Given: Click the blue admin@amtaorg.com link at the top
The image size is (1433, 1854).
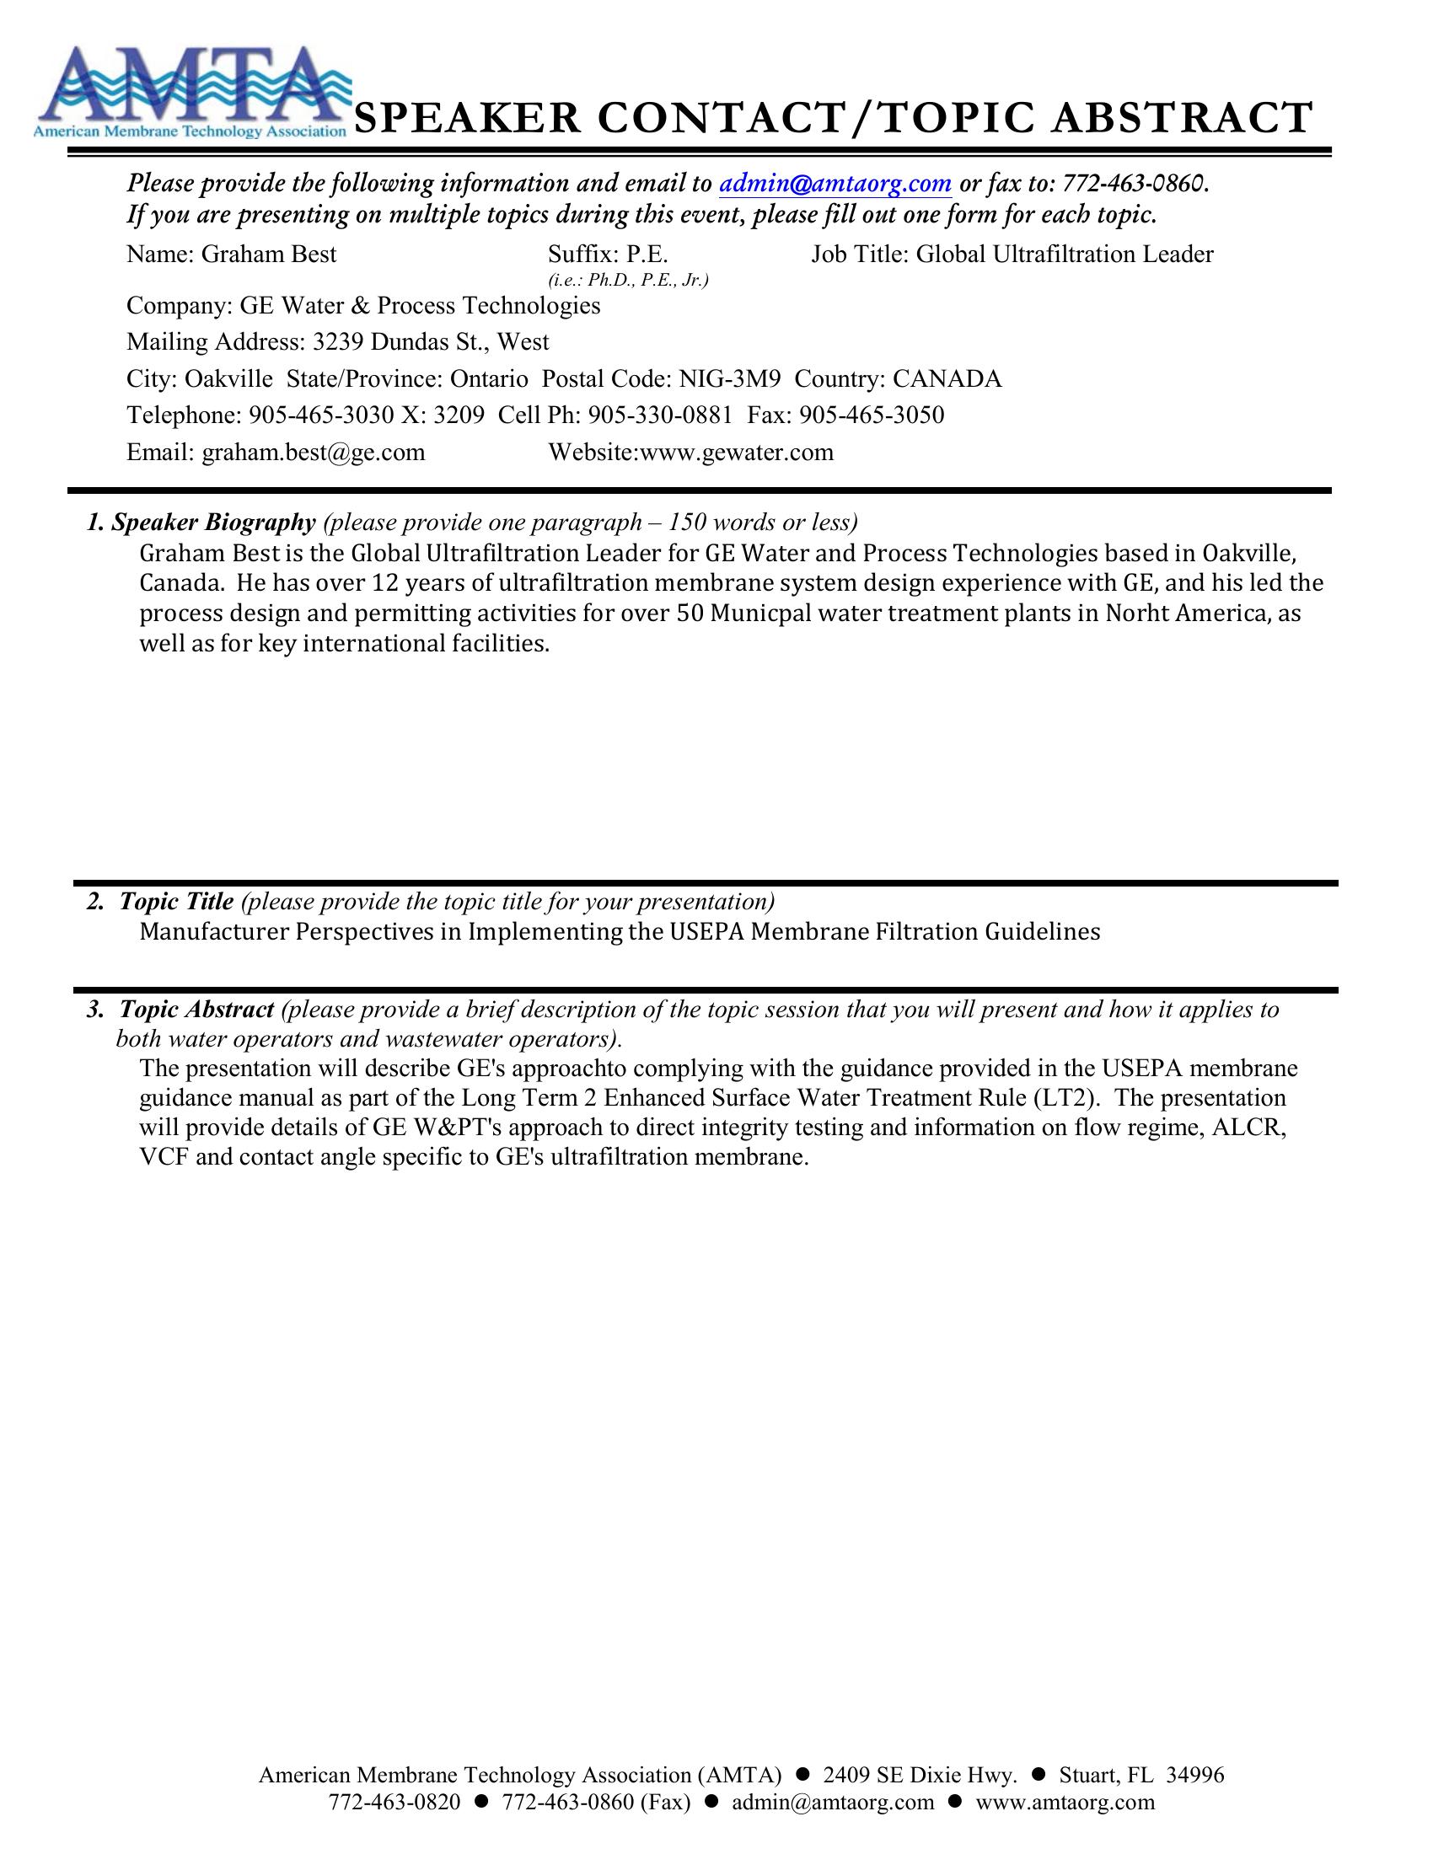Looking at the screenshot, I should coord(835,183).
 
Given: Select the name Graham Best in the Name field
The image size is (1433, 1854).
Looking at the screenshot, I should coord(268,255).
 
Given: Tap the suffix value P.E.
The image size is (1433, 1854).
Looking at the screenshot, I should coord(647,255).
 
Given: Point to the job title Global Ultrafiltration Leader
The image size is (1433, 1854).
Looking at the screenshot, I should coord(1065,255).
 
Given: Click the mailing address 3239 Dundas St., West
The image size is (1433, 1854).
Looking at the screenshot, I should coord(431,342).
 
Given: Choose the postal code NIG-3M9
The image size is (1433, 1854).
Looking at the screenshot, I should coord(729,378).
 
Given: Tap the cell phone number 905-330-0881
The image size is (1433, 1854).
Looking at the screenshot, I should coord(660,415).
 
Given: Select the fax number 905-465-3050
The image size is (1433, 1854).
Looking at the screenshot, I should coord(872,415).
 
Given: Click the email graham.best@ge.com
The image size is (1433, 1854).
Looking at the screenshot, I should coord(314,453).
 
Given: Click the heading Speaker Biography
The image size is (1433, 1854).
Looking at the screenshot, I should coord(213,522).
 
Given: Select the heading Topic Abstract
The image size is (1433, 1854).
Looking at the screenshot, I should coord(196,1010).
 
